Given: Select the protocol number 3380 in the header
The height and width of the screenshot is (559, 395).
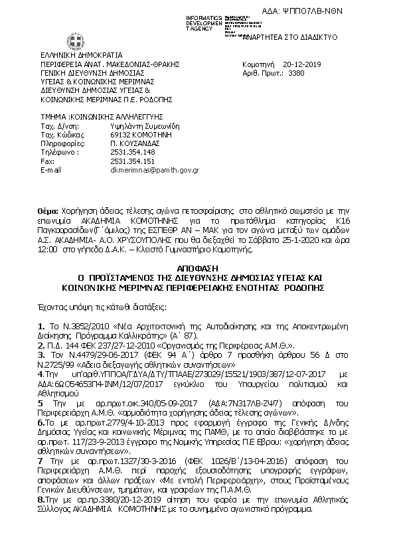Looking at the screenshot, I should pos(297,74).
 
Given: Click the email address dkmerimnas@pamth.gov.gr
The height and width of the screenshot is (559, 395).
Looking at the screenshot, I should pos(153,170).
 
